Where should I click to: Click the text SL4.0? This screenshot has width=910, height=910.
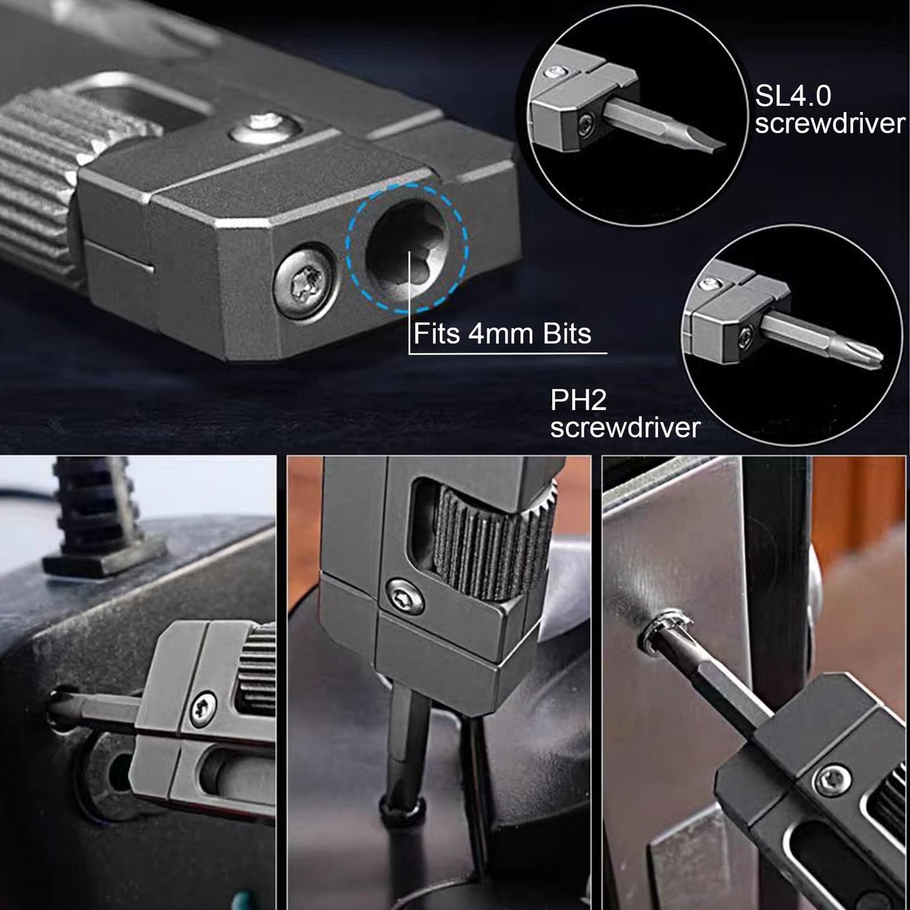coord(793,96)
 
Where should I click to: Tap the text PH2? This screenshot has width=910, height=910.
coord(579,400)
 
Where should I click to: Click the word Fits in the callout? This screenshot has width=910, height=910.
coord(437,334)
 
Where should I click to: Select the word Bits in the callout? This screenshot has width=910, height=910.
coord(567,334)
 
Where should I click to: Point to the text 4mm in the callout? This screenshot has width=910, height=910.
coord(501,334)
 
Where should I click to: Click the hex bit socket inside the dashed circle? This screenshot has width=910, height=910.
coord(406,248)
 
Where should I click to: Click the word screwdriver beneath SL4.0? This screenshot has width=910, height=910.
coord(830,123)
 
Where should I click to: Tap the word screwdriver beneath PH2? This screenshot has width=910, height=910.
coord(625,428)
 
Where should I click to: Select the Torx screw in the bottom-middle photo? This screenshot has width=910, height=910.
coord(405,597)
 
